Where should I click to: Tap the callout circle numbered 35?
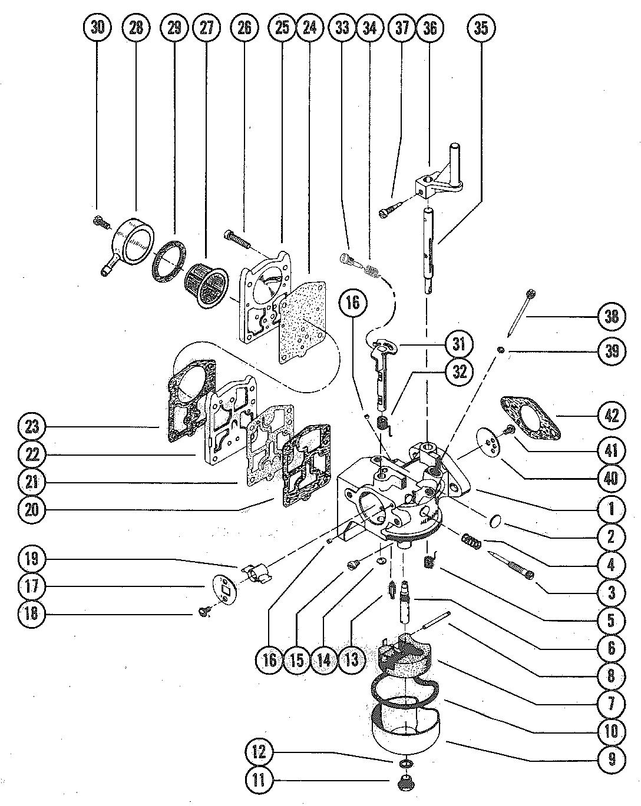click(481, 28)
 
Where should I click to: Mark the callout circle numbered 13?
click(351, 659)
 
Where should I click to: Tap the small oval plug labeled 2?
click(496, 519)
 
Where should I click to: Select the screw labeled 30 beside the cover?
click(101, 223)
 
